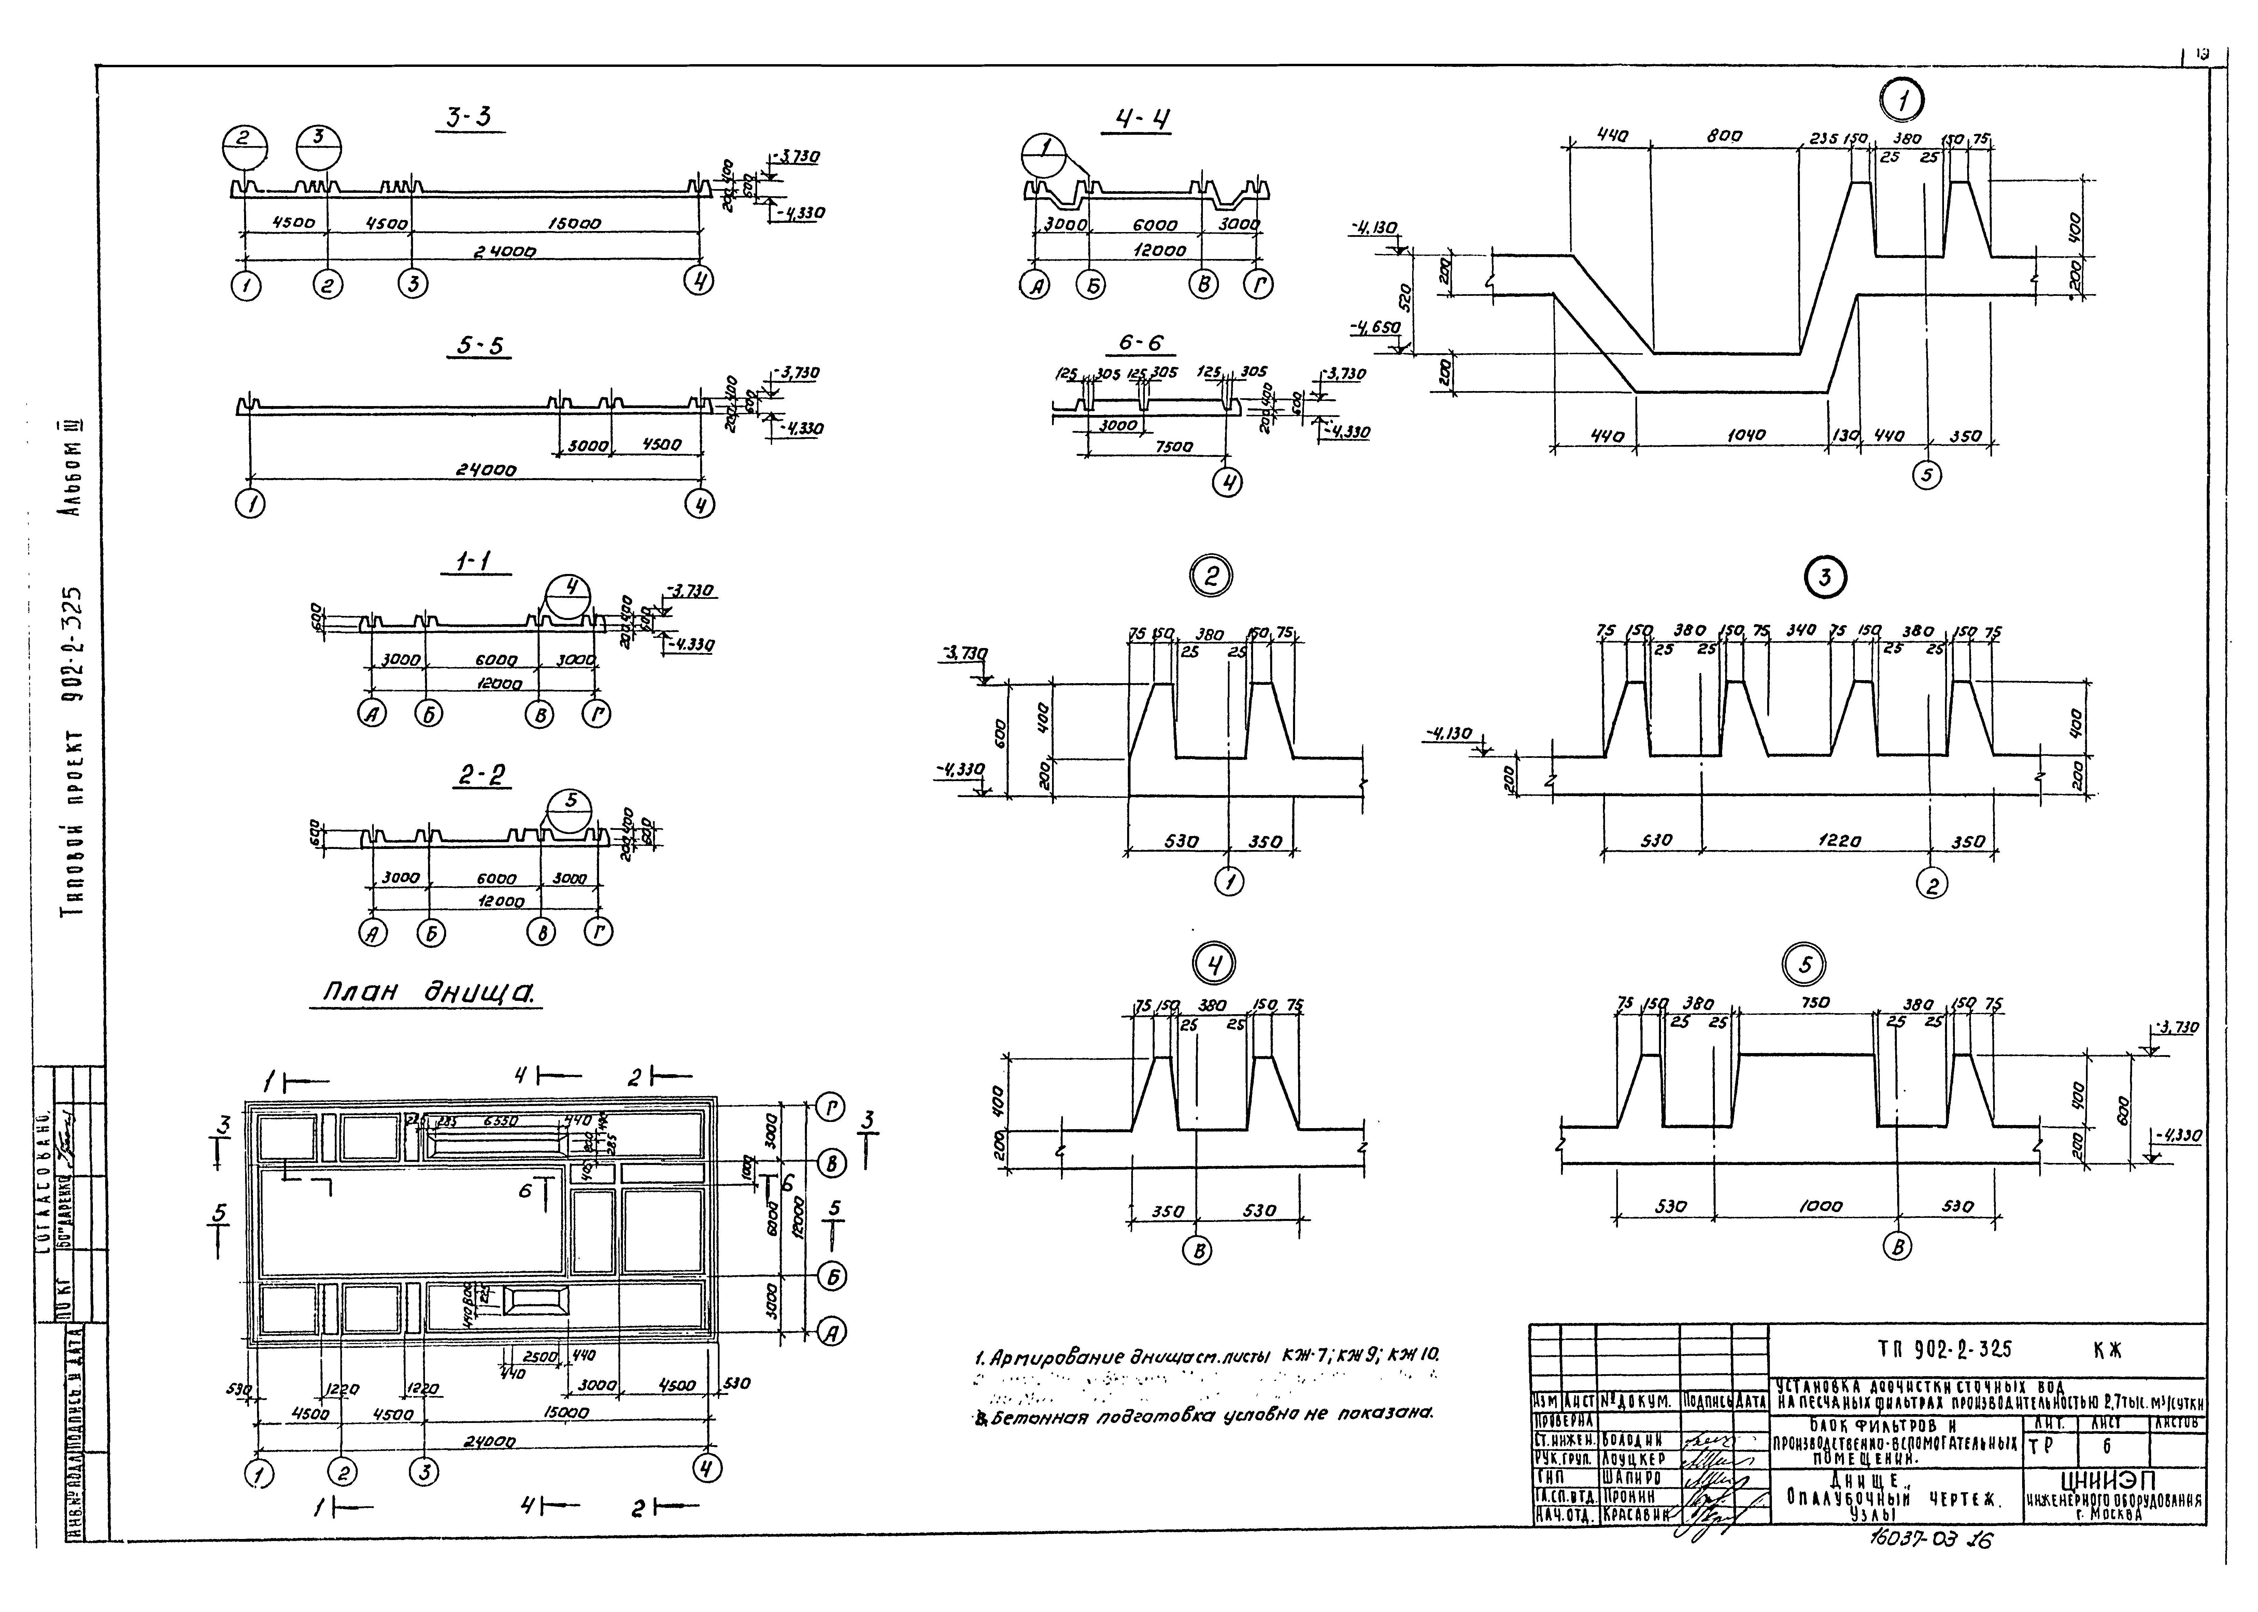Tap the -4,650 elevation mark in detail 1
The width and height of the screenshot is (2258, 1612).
click(1374, 327)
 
